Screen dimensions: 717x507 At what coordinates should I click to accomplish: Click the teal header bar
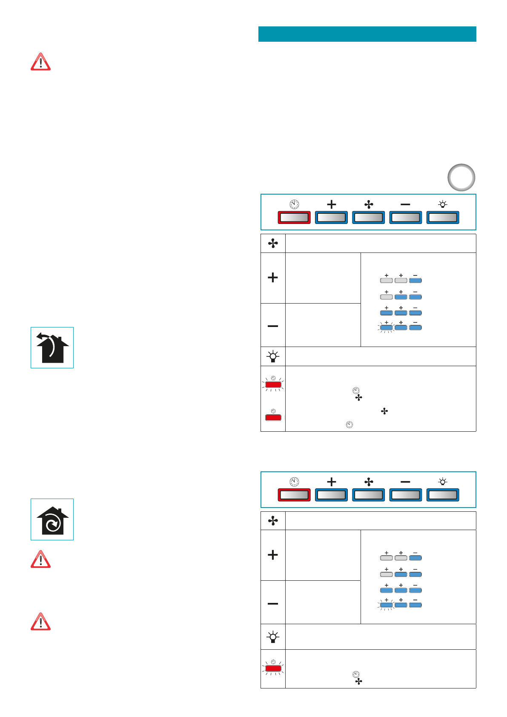pos(367,34)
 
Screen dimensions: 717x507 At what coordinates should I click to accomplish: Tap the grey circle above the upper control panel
pos(461,178)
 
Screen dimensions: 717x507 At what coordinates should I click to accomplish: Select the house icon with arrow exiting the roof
pos(52,347)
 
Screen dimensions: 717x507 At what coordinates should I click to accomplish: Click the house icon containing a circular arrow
pos(52,519)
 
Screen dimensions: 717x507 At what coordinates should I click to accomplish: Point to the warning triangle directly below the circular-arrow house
pos(40,559)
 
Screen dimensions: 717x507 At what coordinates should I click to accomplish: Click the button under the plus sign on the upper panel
pos(331,218)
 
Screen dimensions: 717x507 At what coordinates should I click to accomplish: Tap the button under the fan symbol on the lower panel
pos(368,495)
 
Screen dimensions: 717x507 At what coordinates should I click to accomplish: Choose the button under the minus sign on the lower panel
pos(405,495)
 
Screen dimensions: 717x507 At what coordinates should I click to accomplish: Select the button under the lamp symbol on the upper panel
pos(443,218)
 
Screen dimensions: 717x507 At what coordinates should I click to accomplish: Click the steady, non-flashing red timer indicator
pos(273,417)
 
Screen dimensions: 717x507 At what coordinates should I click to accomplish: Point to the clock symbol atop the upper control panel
pos(294,204)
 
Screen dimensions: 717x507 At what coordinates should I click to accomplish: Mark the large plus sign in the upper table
pos(273,278)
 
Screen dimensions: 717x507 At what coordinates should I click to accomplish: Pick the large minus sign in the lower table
pos(273,603)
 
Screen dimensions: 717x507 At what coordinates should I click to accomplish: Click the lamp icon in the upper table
pos(273,356)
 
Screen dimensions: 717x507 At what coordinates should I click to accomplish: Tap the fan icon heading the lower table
pos(273,521)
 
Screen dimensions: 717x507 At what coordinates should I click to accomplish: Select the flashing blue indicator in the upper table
pos(387,327)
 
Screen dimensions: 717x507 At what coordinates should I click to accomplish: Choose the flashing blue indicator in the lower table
pos(387,605)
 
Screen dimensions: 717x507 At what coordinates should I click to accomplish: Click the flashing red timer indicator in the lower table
pos(273,668)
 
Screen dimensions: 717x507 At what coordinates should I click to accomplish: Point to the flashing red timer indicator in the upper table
pos(273,384)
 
